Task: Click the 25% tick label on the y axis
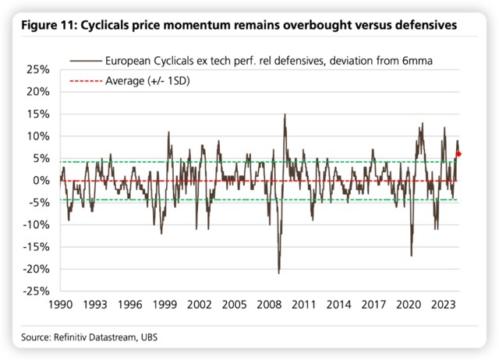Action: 37,69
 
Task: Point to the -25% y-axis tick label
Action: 34,291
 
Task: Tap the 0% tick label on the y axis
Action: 40,181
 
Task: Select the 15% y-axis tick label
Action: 37,114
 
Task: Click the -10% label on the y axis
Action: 34,225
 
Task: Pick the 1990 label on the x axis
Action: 61,306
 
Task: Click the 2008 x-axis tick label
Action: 271,306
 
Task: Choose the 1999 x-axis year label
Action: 166,306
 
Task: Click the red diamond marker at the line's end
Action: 459,154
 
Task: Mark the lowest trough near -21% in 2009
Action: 278,273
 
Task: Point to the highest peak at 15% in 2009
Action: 285,115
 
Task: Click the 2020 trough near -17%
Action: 411,256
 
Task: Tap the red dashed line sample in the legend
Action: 85,80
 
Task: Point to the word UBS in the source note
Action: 156,337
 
